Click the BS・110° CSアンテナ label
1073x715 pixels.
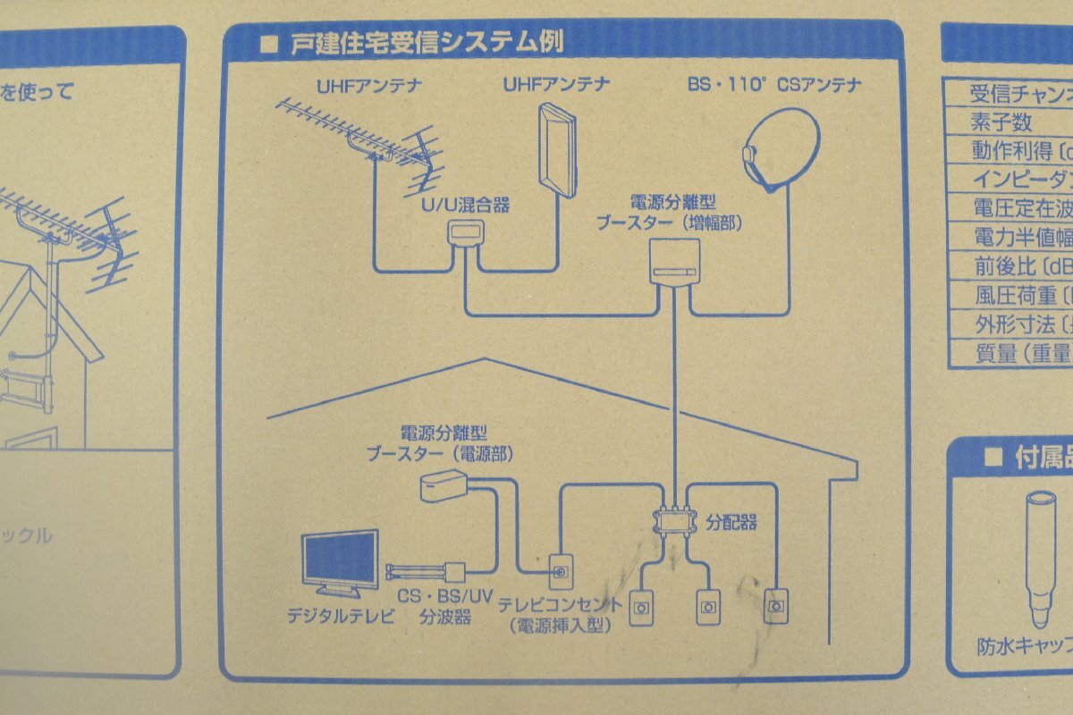click(773, 86)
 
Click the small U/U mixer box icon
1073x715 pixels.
click(465, 235)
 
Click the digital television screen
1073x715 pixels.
click(340, 560)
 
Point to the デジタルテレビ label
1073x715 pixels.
click(340, 616)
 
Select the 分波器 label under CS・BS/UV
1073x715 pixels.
click(444, 617)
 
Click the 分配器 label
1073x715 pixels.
click(731, 522)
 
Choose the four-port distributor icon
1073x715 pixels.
click(675, 521)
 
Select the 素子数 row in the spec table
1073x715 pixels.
click(1001, 121)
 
